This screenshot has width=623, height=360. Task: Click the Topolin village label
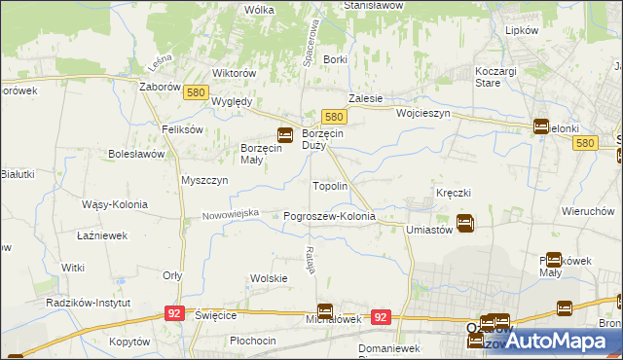pyautogui.click(x=329, y=185)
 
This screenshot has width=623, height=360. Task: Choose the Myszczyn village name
pyautogui.click(x=204, y=180)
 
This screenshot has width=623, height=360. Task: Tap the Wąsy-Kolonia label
pyautogui.click(x=115, y=204)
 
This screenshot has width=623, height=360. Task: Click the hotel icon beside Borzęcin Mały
pyautogui.click(x=285, y=135)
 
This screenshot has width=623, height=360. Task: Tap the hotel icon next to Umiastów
pyautogui.click(x=465, y=223)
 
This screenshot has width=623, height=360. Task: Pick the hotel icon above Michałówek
pyautogui.click(x=325, y=310)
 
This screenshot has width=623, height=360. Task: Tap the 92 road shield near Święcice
pyautogui.click(x=175, y=313)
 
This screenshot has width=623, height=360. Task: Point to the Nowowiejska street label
pyautogui.click(x=231, y=214)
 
